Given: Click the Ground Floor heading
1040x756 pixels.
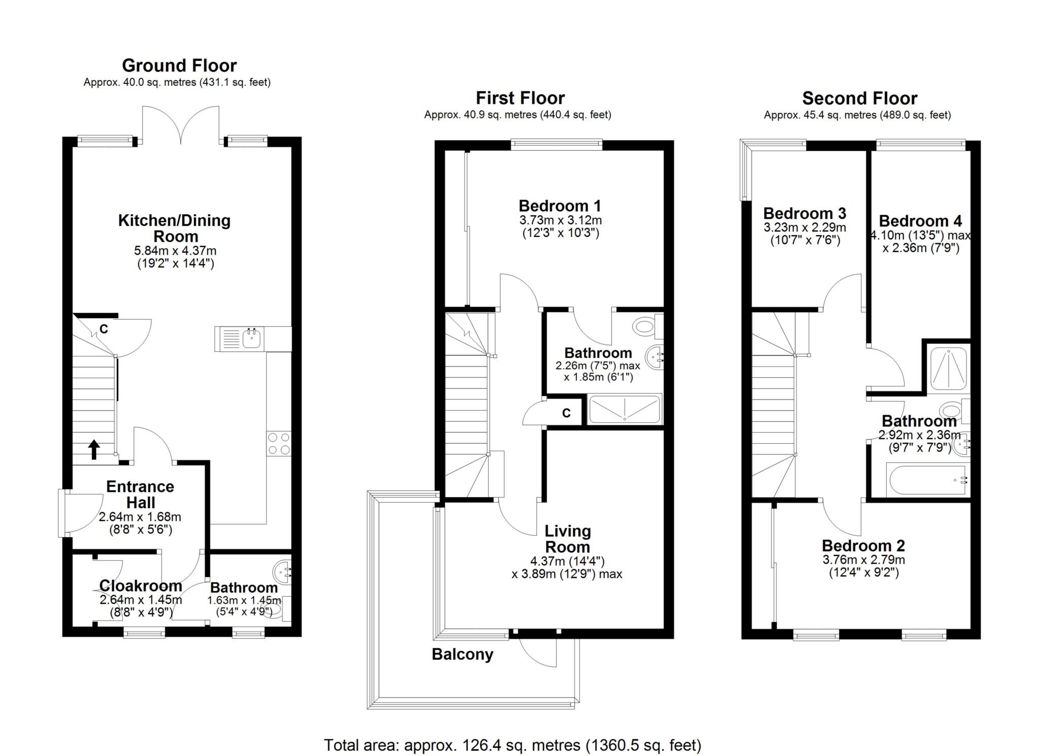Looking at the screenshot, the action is pos(179,65).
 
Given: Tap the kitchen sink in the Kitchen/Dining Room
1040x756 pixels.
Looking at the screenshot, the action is pos(238,338).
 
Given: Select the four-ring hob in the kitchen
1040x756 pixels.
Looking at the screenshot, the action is pos(279,443).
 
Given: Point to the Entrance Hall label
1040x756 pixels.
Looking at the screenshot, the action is pos(140,495).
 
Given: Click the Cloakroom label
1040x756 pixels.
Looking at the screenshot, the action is pos(141,585).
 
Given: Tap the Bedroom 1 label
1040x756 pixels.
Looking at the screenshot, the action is pos(560,206).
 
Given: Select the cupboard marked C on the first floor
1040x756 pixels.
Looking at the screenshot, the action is pos(566,413).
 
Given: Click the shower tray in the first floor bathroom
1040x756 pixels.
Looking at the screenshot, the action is pos(625,409).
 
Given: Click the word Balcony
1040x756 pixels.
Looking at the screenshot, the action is pos(463,654).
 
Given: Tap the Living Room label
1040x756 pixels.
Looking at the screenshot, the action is pos(568,539).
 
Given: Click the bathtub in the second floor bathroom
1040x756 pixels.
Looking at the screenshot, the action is pos(927,480).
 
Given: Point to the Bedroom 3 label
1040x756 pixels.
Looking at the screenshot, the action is pos(805,213).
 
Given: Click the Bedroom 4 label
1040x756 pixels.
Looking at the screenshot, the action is pos(921,221).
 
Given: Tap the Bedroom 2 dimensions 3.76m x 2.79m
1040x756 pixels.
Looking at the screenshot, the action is pos(864,560).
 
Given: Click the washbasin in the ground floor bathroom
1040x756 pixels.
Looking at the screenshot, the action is pos(282,572).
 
